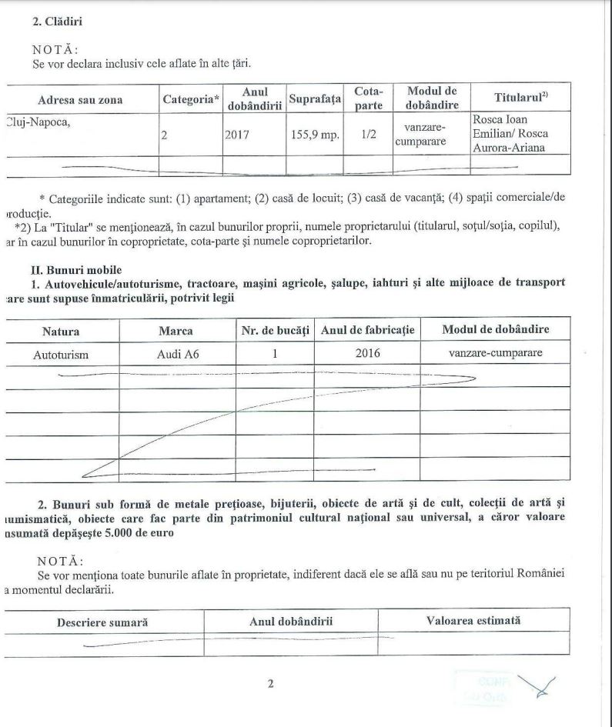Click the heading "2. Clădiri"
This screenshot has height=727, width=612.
point(58,22)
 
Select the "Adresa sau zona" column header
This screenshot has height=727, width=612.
point(80,100)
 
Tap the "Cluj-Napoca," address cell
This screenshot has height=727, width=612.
point(38,120)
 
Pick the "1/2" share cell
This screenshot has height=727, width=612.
point(368,135)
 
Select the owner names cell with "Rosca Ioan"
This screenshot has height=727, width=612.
point(510,134)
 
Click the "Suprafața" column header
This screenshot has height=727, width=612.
point(315,99)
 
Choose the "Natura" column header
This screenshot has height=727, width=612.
point(61,330)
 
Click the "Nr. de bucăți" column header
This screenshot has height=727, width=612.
point(275,330)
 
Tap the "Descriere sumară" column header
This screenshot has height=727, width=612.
point(102,621)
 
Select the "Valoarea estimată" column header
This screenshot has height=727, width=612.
point(473,620)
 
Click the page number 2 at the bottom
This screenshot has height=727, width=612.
point(270,684)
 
